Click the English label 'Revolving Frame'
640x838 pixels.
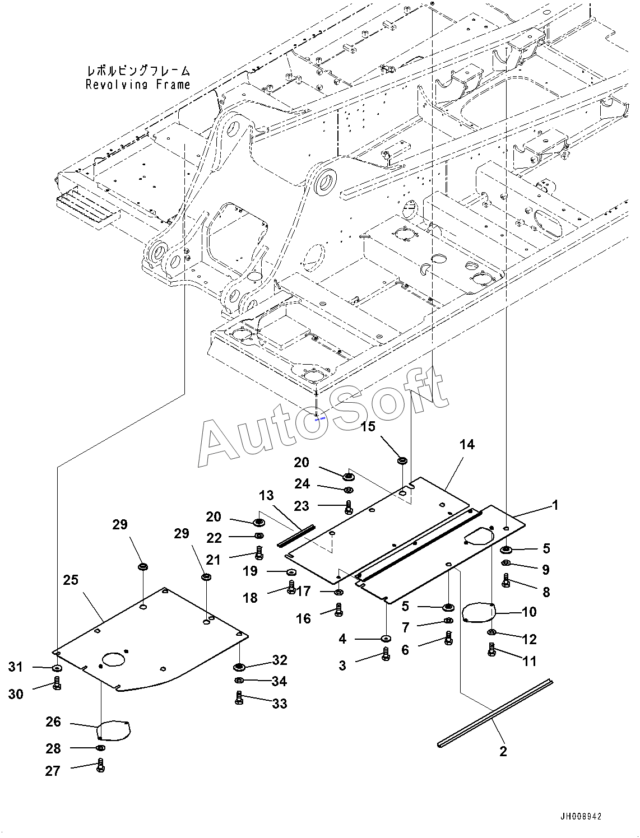(x=138, y=85)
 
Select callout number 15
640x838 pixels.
(x=368, y=426)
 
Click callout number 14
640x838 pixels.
(x=467, y=444)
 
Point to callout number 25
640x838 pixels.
(x=71, y=580)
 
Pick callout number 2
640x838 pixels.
(x=503, y=751)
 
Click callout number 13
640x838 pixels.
(x=266, y=496)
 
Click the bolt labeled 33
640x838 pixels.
(x=239, y=697)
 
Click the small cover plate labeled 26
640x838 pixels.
(x=113, y=730)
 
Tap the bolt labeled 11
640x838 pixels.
(x=492, y=649)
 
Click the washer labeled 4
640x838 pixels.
(x=386, y=639)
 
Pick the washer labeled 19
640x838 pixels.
(x=291, y=571)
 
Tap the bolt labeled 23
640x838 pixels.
(x=349, y=507)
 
